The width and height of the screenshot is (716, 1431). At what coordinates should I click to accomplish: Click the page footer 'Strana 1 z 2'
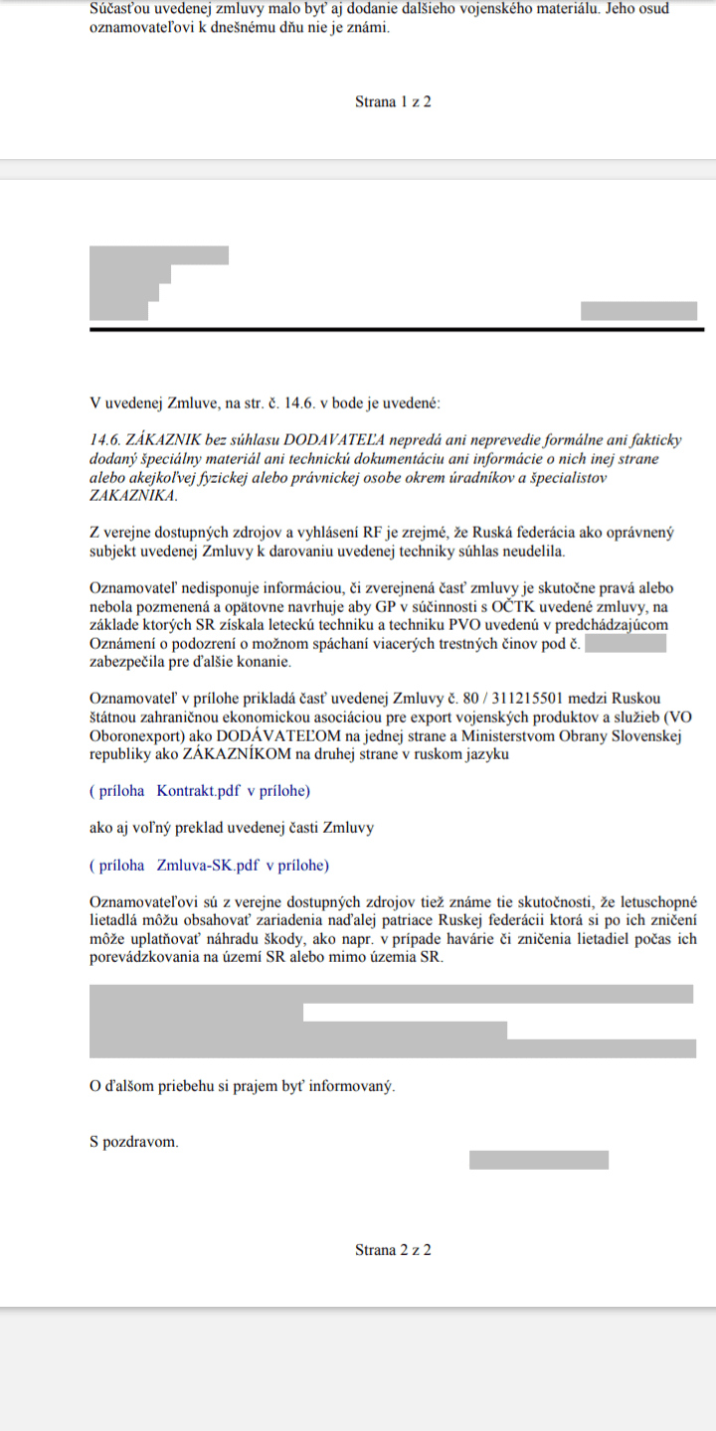point(393,101)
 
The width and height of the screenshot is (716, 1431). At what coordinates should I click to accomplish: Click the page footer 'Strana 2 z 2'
point(393,1249)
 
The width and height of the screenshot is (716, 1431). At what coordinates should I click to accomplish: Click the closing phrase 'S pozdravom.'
point(134,1142)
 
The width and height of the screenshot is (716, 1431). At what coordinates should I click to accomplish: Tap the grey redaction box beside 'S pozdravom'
point(538,1160)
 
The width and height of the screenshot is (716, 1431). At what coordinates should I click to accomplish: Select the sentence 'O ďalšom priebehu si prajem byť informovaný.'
point(242,1086)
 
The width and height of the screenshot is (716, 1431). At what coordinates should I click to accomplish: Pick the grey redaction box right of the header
point(638,310)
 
